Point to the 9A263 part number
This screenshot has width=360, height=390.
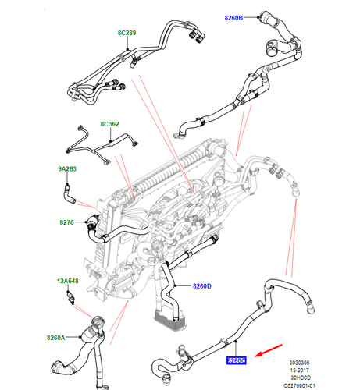(66, 168)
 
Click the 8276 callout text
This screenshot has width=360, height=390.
(66, 223)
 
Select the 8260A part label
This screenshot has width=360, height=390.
(56, 338)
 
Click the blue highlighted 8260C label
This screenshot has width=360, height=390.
(236, 360)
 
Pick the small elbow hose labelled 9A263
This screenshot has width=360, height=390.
(70, 187)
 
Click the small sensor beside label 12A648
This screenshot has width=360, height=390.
(71, 296)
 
